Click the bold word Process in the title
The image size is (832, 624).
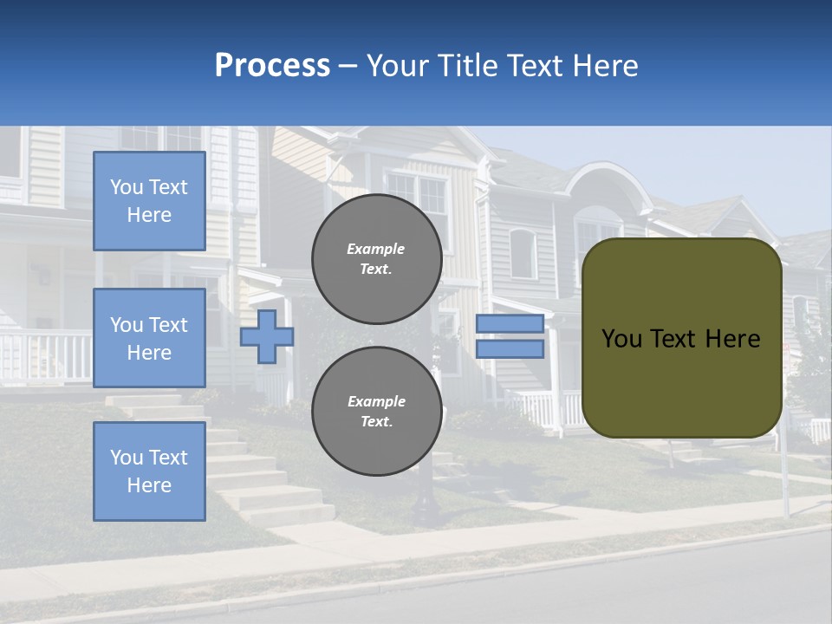pyautogui.click(x=272, y=66)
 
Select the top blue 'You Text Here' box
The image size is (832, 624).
pyautogui.click(x=149, y=201)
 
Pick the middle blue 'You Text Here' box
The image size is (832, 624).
pyautogui.click(x=149, y=338)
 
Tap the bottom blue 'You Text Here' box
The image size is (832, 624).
pyautogui.click(x=149, y=471)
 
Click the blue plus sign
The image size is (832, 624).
pyautogui.click(x=266, y=336)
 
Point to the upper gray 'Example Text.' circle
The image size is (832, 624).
pyautogui.click(x=376, y=259)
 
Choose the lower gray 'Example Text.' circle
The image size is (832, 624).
pyautogui.click(x=376, y=411)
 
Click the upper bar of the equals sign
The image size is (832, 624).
pyautogui.click(x=510, y=323)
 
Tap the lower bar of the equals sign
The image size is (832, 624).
pyautogui.click(x=510, y=348)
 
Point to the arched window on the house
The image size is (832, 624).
pyautogui.click(x=523, y=253)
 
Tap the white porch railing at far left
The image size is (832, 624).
pyautogui.click(x=43, y=355)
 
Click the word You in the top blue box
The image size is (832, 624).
pyautogui.click(x=127, y=187)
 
